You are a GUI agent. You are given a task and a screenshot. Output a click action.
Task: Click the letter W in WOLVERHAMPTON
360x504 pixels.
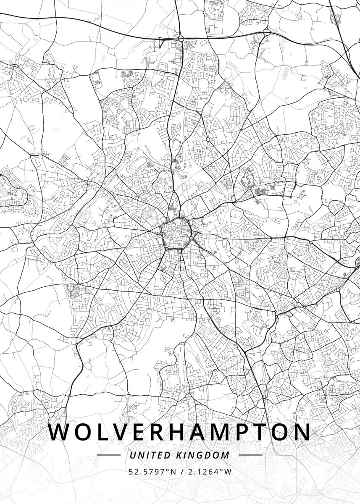[x=60, y=432]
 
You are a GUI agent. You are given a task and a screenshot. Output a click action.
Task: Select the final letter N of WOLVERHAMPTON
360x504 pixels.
[x=302, y=432]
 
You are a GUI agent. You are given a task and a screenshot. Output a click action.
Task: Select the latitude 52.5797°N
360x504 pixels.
[x=152, y=472]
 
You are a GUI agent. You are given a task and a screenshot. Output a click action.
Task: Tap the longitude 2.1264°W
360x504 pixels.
[x=209, y=472]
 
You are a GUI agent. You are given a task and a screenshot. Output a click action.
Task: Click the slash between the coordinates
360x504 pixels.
[x=181, y=472]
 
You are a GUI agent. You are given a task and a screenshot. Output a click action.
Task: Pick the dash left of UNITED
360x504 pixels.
[x=108, y=455]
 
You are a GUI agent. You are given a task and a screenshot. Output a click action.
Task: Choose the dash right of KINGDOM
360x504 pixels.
[x=250, y=455]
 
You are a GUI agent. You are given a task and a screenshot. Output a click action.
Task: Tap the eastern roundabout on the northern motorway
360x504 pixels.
[x=266, y=32]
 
